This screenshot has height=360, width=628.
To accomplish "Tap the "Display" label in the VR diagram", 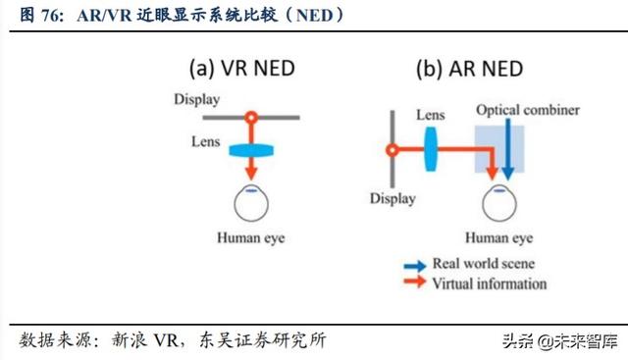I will point(197,99).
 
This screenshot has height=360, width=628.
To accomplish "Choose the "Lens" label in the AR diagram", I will point(430,116).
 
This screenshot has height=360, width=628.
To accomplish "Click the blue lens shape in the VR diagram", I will point(252,150).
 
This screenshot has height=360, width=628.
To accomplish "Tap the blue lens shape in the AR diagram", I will point(430,151).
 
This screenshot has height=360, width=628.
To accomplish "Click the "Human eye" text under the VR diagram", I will point(251,238).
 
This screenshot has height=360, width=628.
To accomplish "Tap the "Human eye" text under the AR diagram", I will point(498,238).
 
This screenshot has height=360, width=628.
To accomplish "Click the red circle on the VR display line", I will point(252,117).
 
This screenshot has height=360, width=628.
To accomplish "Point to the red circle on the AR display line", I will point(392,151).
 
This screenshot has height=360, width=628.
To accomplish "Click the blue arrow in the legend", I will point(413,265).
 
